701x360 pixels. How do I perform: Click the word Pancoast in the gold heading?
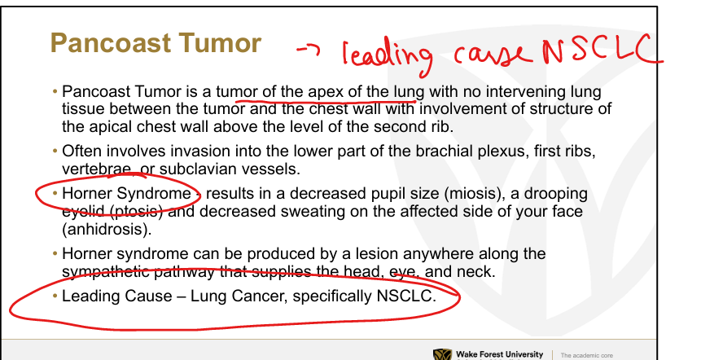click(111, 43)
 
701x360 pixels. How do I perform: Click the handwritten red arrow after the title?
click(309, 50)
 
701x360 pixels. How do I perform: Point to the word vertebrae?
click(97, 169)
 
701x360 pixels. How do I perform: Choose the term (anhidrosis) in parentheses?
click(107, 229)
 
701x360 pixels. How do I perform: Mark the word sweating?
click(311, 213)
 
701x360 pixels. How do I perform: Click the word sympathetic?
click(106, 272)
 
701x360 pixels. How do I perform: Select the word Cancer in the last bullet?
click(259, 296)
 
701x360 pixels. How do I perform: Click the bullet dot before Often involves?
click(55, 151)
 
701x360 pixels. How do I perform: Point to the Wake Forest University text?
click(499, 354)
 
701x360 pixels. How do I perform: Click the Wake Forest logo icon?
click(442, 354)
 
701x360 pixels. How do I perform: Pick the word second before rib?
click(401, 127)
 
